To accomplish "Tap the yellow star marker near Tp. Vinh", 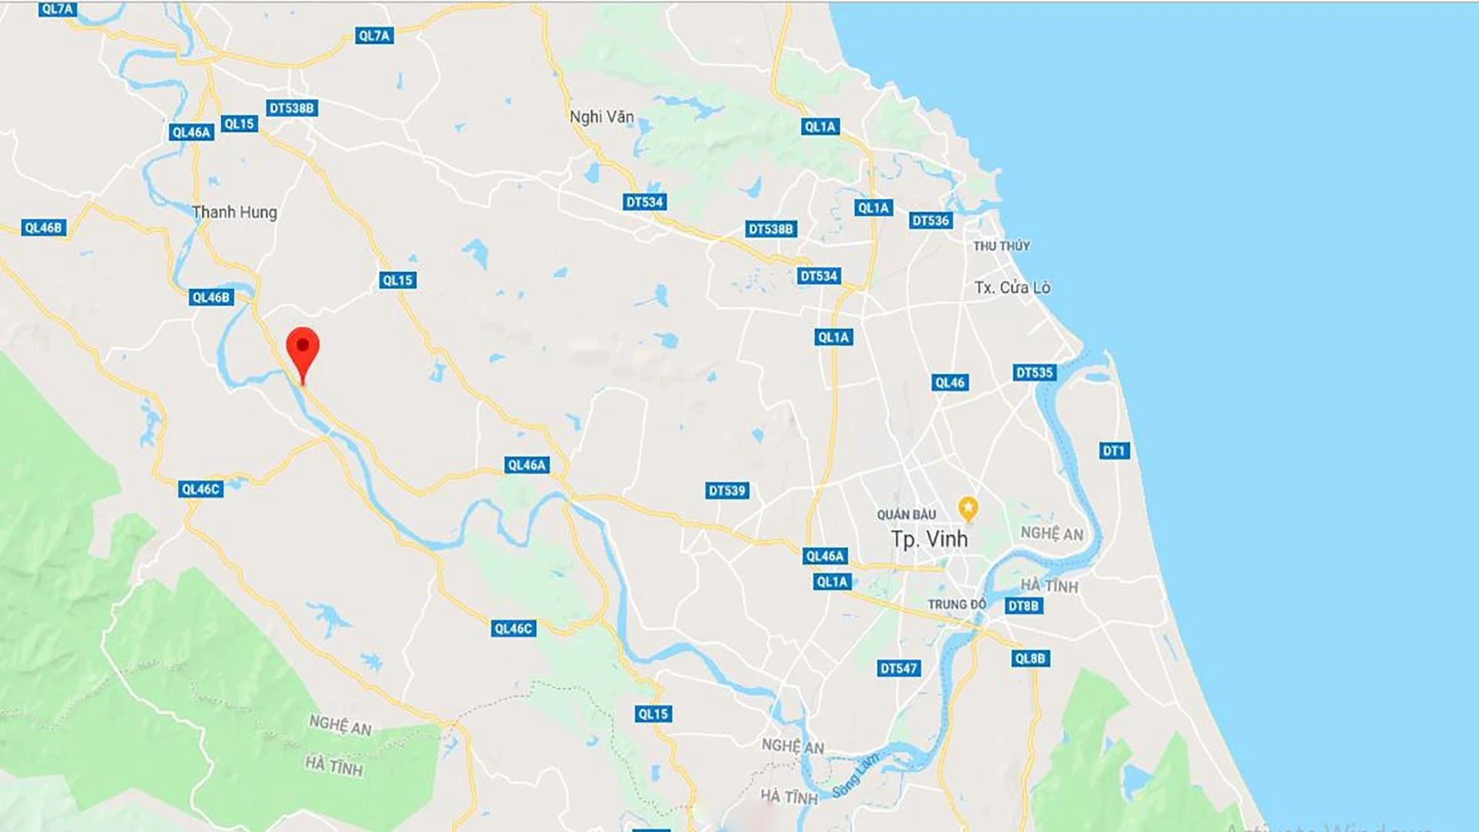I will coord(968,508).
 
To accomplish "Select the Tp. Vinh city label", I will coord(929,539).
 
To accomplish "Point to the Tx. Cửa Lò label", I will coord(1011,287).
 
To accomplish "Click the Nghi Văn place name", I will coord(602,117).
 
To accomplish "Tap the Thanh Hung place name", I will coord(234,212).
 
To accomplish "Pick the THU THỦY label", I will coord(1001,246).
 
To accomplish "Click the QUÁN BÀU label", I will coord(906,515).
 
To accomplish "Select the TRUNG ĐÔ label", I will coord(956,605).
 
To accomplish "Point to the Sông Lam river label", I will coord(855,777).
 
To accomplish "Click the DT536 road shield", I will coord(931,221).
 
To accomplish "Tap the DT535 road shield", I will coord(1034,373).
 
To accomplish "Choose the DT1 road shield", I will coord(1114,451).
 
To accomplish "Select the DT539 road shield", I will coord(726,491).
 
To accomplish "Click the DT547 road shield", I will coord(898,668).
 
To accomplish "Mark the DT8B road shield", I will coord(1024,606).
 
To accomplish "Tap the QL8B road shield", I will coord(1030,658).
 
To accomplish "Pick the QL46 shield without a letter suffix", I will coord(949,382).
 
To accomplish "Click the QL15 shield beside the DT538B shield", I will coord(239,123).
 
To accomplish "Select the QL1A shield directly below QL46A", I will coord(832,582).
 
